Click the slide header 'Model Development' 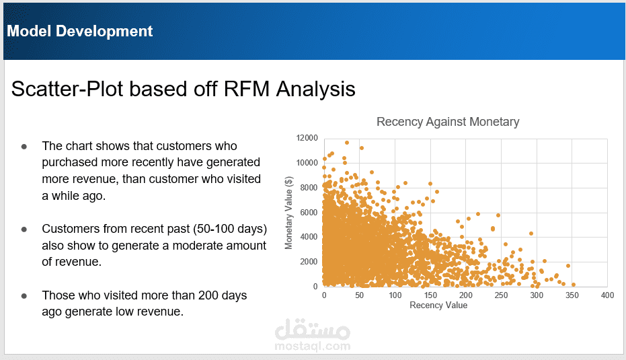coord(80,31)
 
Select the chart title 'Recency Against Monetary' coord(448,122)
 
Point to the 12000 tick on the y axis coord(307,138)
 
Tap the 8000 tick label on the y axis coord(309,188)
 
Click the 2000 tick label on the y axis coord(309,262)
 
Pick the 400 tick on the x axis coord(607,295)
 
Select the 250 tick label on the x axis coord(501,295)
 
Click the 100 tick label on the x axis coord(395,295)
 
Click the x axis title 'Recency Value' coord(438,305)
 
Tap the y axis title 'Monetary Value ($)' coord(289,213)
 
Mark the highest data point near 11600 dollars coord(347,143)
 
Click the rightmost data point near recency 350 coord(573,285)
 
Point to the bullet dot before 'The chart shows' coord(24,146)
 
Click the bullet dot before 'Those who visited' coord(24,295)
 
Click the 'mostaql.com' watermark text coord(313,347)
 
